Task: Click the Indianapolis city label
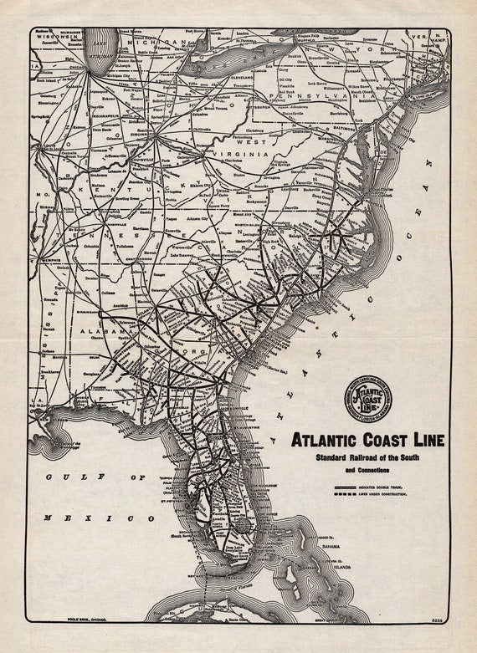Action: tap(109, 132)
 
